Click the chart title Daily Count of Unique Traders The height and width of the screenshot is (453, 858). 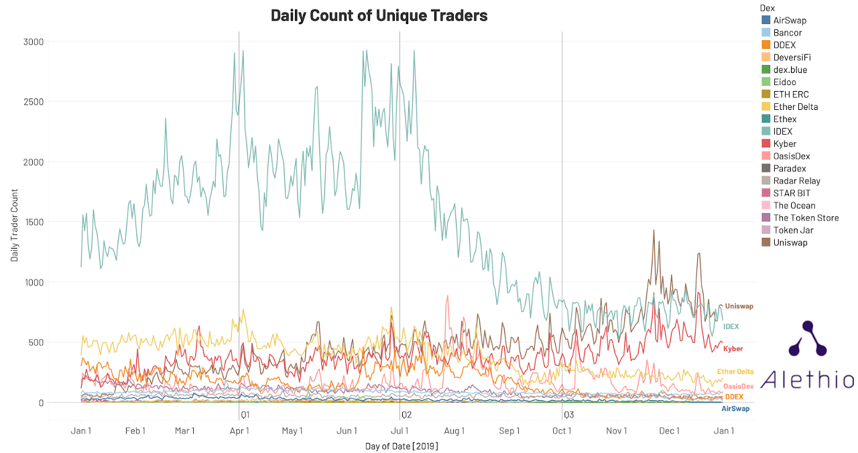tap(379, 15)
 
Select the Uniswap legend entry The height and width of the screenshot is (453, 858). tap(791, 243)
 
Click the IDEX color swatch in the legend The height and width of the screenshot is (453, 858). tap(766, 131)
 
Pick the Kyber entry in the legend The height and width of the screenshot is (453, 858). tap(784, 143)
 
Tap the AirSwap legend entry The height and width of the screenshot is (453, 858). tap(790, 20)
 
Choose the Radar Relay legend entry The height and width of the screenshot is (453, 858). tap(796, 181)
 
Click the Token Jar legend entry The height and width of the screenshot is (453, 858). tap(794, 230)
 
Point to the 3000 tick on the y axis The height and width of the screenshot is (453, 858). tap(34, 42)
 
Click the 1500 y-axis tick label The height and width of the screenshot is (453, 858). tap(34, 222)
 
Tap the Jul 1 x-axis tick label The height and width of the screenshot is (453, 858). tap(400, 431)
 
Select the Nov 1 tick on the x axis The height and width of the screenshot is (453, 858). tap(616, 431)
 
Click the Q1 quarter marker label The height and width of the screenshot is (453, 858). tap(245, 415)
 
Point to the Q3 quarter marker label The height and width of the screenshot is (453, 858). tap(568, 415)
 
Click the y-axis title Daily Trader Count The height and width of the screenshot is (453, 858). tap(14, 222)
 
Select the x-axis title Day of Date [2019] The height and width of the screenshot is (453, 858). tap(402, 446)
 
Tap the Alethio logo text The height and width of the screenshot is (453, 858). tap(807, 379)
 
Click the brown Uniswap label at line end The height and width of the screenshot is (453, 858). tap(739, 306)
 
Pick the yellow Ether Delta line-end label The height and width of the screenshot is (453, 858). tap(735, 371)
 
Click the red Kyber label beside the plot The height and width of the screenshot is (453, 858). tap(733, 348)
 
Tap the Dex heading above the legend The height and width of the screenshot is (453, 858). tap(768, 7)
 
